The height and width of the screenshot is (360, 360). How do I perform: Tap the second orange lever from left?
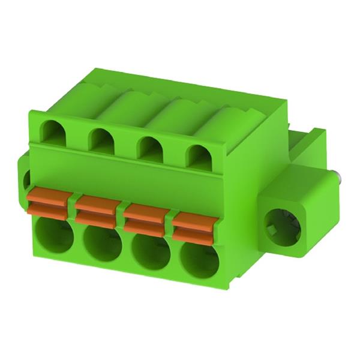pos(97,205)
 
